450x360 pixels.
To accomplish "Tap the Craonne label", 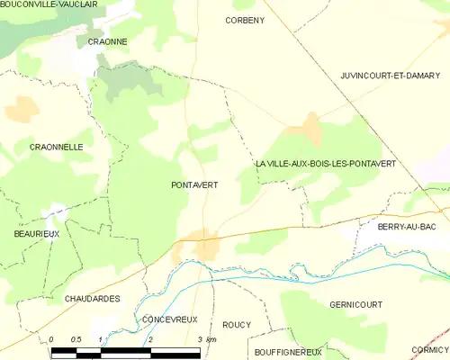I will point(107,41).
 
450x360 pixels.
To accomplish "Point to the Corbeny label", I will point(245,19).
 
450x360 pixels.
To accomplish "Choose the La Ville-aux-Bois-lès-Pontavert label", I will point(325,163).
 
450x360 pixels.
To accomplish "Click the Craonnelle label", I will point(56,146).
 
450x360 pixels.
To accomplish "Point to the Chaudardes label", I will point(92,298).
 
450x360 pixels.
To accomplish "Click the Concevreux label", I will point(169,319).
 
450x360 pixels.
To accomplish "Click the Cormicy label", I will point(428,349).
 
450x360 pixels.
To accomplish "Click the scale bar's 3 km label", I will point(206,339).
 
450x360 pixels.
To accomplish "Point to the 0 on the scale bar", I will point(52,339).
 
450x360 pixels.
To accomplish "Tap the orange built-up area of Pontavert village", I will point(203,244).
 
